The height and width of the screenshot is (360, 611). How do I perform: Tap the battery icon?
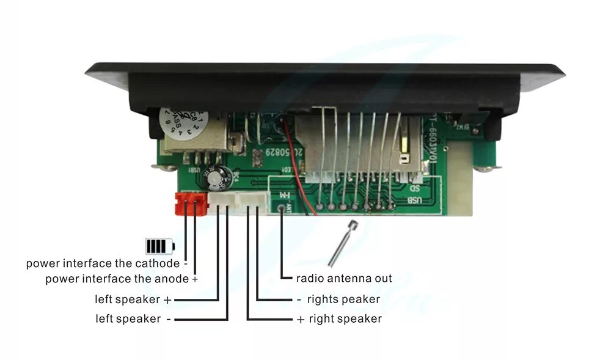tap(159, 246)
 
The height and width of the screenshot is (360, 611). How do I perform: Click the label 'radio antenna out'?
tap(344, 279)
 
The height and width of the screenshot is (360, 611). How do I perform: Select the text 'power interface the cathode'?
tap(103, 264)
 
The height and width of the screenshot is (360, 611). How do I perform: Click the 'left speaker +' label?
tap(133, 300)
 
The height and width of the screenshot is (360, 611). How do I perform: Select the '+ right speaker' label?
tap(339, 319)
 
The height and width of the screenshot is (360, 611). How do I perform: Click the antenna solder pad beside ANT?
tap(282, 208)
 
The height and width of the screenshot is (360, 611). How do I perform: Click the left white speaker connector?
tap(223, 199)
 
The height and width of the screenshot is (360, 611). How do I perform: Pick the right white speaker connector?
tap(253, 199)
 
